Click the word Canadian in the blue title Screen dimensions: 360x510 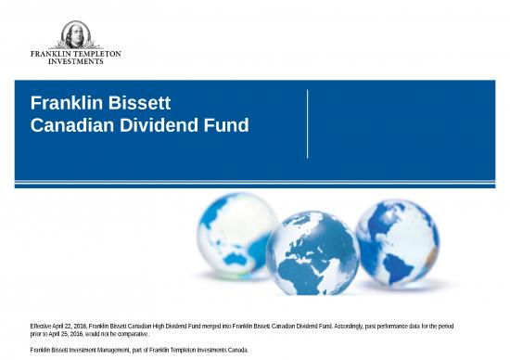coord(70,124)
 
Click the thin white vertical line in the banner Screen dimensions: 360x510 coord(307,124)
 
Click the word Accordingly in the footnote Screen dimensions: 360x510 coord(354,326)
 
